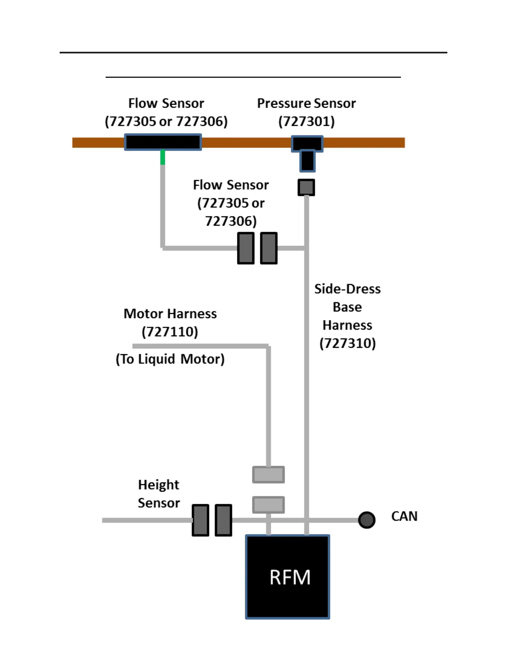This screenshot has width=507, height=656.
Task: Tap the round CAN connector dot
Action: pos(367,520)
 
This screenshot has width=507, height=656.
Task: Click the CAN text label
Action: pos(404,516)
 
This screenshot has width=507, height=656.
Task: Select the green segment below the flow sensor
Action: pos(163,158)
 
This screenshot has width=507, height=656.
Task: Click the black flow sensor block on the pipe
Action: pos(163,142)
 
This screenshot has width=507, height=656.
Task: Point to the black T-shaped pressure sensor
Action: pos(307,152)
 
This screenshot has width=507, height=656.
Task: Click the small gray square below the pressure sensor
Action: pos(306,187)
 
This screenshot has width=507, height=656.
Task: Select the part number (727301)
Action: pos(307,121)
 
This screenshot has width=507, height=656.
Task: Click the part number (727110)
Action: pos(170,332)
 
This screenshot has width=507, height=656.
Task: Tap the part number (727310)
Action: pos(348,343)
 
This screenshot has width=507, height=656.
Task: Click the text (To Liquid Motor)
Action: pos(170,359)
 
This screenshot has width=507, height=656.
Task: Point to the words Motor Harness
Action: pos(170,314)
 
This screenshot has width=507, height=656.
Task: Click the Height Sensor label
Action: pos(159,494)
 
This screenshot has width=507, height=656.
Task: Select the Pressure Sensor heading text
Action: pos(307,103)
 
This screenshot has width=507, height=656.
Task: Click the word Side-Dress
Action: pos(348,289)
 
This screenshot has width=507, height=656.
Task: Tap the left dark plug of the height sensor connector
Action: pos(200,520)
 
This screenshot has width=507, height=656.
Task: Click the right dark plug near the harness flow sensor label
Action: pos(269,248)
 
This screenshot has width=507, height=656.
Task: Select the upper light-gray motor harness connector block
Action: pos(268,475)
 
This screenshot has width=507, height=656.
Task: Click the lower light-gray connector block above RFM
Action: pos(268,505)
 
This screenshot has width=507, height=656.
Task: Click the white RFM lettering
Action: pos(290,577)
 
